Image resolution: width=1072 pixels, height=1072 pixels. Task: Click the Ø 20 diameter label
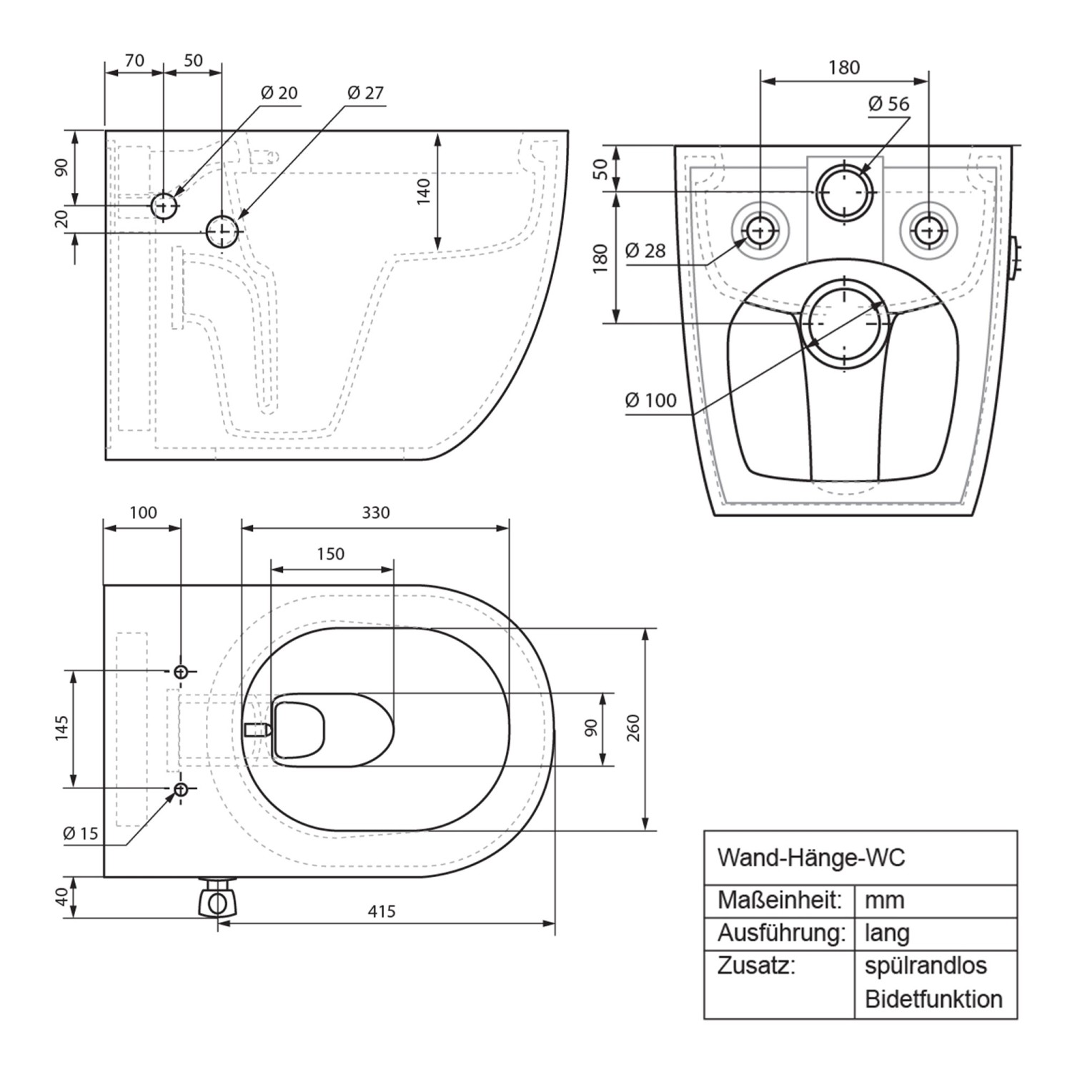click(x=279, y=93)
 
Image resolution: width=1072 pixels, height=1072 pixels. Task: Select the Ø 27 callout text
click(x=365, y=93)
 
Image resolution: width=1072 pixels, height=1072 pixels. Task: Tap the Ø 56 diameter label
click(x=888, y=104)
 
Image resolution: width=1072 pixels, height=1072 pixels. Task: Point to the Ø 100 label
click(x=650, y=400)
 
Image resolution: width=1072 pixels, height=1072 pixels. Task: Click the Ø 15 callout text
click(x=80, y=833)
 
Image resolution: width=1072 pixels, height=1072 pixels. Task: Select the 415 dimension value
click(x=382, y=911)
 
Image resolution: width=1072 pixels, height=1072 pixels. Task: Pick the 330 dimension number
click(x=376, y=512)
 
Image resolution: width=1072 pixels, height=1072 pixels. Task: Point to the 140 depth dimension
click(x=423, y=192)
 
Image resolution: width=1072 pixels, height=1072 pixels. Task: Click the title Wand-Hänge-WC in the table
click(x=810, y=858)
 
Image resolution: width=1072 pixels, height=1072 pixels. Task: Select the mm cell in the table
click(x=884, y=900)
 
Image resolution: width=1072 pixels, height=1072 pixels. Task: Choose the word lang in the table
click(x=887, y=933)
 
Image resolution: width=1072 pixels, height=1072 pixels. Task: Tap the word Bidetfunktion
click(x=933, y=998)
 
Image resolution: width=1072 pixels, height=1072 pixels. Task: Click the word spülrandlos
click(x=925, y=966)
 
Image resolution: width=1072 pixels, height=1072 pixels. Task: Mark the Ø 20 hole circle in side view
click(x=164, y=206)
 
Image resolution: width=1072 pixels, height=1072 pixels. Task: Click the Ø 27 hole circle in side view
click(x=222, y=232)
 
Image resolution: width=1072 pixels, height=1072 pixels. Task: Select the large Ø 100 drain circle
click(x=844, y=323)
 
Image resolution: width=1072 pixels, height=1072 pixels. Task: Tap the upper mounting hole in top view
click(x=181, y=671)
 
